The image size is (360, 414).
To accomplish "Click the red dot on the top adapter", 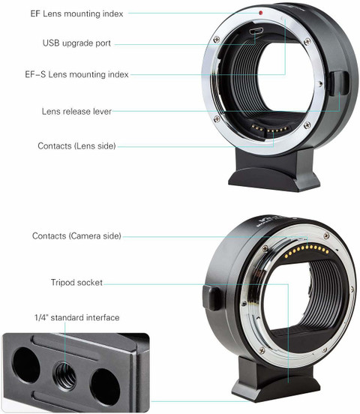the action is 261,13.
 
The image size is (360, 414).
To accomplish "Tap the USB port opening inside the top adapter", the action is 256,31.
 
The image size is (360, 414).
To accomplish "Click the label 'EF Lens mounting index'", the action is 76,13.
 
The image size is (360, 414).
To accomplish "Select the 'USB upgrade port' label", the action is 76,43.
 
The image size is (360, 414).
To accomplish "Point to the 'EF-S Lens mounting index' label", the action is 76,74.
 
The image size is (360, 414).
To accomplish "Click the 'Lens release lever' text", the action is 76,112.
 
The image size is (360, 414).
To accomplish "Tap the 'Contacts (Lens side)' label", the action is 76,145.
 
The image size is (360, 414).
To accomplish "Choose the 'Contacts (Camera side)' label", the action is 76,235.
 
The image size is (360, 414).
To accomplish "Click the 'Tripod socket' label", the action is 76,283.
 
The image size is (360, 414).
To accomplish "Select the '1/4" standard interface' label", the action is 76,317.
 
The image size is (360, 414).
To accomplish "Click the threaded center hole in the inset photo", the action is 65,376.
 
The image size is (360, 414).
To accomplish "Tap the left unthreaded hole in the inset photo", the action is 26,365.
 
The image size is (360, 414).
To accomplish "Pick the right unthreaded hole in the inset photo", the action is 105,387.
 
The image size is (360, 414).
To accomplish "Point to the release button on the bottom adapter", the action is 211,298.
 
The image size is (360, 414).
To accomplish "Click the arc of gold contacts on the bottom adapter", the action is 307,250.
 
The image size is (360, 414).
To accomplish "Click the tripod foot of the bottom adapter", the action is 275,379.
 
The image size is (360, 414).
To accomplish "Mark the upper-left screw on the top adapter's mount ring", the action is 216,39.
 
